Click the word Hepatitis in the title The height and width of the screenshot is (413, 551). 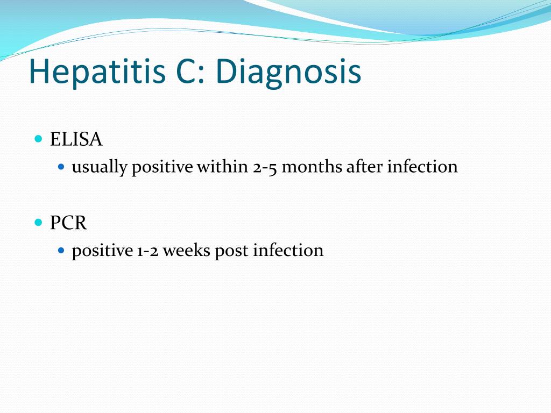[x=97, y=72]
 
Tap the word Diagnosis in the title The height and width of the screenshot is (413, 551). [x=288, y=72]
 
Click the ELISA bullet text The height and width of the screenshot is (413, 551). [x=76, y=139]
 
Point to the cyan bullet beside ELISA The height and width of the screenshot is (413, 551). [x=39, y=138]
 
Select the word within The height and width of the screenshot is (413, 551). [x=222, y=166]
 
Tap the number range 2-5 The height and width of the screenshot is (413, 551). [x=265, y=168]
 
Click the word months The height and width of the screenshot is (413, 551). [x=312, y=166]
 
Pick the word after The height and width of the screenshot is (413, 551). [x=364, y=166]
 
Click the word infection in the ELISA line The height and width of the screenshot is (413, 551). [x=422, y=166]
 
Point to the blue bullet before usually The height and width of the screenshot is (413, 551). [x=61, y=167]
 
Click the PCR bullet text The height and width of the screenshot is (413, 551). [x=68, y=223]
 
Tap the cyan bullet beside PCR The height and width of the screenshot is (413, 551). [x=39, y=222]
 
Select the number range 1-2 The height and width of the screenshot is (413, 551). [x=147, y=251]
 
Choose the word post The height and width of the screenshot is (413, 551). [x=231, y=252]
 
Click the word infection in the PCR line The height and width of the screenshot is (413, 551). [x=288, y=250]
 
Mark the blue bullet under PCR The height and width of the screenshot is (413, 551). [x=61, y=251]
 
